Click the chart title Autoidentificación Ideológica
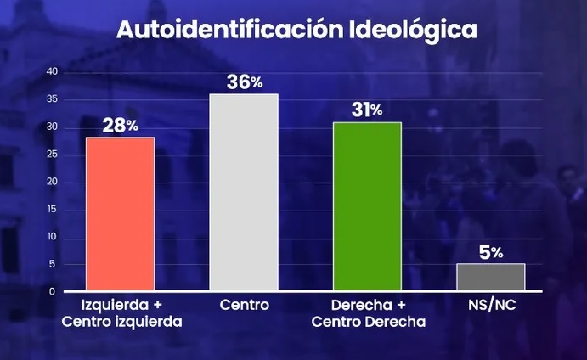coord(296,30)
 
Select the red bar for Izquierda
coord(120,214)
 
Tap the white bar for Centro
coord(244,193)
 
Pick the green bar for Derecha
coord(367,206)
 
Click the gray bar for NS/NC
coord(490,277)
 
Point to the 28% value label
coord(120,125)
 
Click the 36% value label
coord(244,82)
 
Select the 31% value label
coord(367,110)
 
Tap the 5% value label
coord(490,251)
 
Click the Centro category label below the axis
coord(244,305)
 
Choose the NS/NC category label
coord(490,305)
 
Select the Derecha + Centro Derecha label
coord(367,312)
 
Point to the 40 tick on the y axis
coord(52,72)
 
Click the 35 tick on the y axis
coord(52,100)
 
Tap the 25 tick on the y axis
coord(52,155)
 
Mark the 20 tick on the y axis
coord(52,182)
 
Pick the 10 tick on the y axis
coord(52,237)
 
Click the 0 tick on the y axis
coord(54,292)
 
